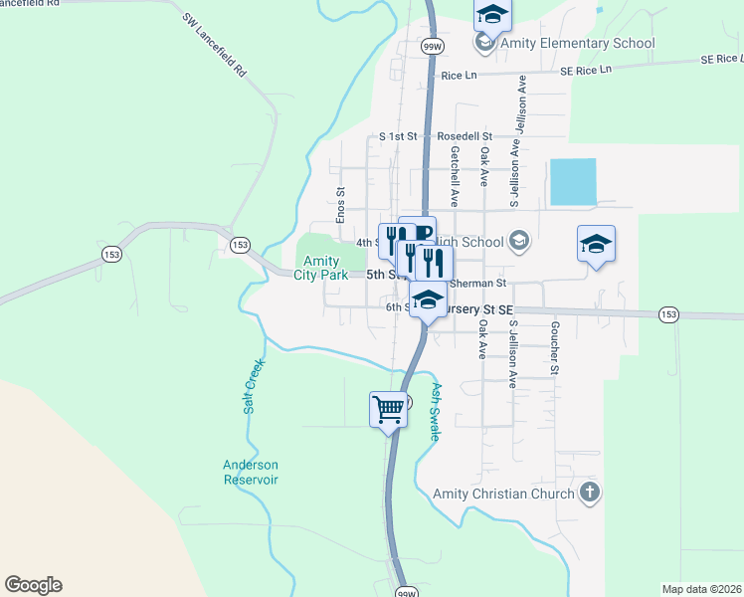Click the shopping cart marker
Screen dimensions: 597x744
pyautogui.click(x=388, y=409)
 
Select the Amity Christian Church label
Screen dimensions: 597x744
pyautogui.click(x=503, y=494)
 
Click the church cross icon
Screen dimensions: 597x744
pyautogui.click(x=590, y=492)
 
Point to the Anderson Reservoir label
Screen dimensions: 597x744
pyautogui.click(x=251, y=472)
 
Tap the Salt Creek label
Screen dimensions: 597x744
pyautogui.click(x=252, y=386)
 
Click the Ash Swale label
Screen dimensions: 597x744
pyautogui.click(x=436, y=403)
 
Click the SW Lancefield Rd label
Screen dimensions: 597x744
pyautogui.click(x=214, y=46)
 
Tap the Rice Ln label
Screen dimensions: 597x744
pyautogui.click(x=459, y=76)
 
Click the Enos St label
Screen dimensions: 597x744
pyautogui.click(x=340, y=205)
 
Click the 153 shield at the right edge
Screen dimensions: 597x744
pyautogui.click(x=668, y=314)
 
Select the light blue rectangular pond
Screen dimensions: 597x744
pyautogui.click(x=573, y=182)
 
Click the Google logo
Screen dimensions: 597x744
pyautogui.click(x=33, y=585)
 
